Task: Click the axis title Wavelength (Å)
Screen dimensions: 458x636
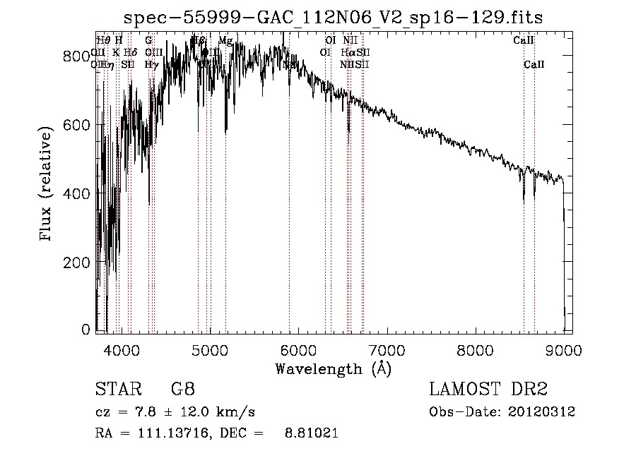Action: point(333,368)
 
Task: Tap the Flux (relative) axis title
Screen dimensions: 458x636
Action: point(47,185)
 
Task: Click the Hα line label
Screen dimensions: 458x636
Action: point(347,52)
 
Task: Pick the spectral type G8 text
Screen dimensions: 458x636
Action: point(183,390)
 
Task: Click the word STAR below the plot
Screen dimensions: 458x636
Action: point(117,390)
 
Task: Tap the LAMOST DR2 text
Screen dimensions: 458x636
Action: point(488,390)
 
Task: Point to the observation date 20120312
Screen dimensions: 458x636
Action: point(543,411)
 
